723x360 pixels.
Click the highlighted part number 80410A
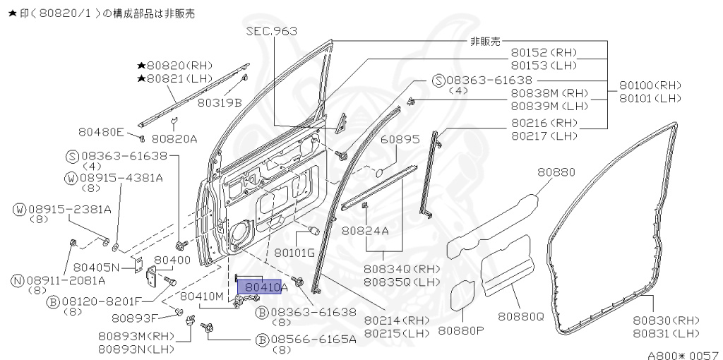263,287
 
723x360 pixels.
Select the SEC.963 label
271,31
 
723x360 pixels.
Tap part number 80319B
220,102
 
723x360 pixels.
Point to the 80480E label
101,132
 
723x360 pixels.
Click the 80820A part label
174,138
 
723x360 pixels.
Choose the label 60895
400,140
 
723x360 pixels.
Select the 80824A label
365,230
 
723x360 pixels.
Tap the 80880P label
461,330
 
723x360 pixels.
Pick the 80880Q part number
521,316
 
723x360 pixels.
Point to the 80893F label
136,317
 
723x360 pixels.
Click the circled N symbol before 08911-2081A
18,280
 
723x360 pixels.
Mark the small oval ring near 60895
378,172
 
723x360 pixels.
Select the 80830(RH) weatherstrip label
666,320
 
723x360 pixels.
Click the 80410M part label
201,296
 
